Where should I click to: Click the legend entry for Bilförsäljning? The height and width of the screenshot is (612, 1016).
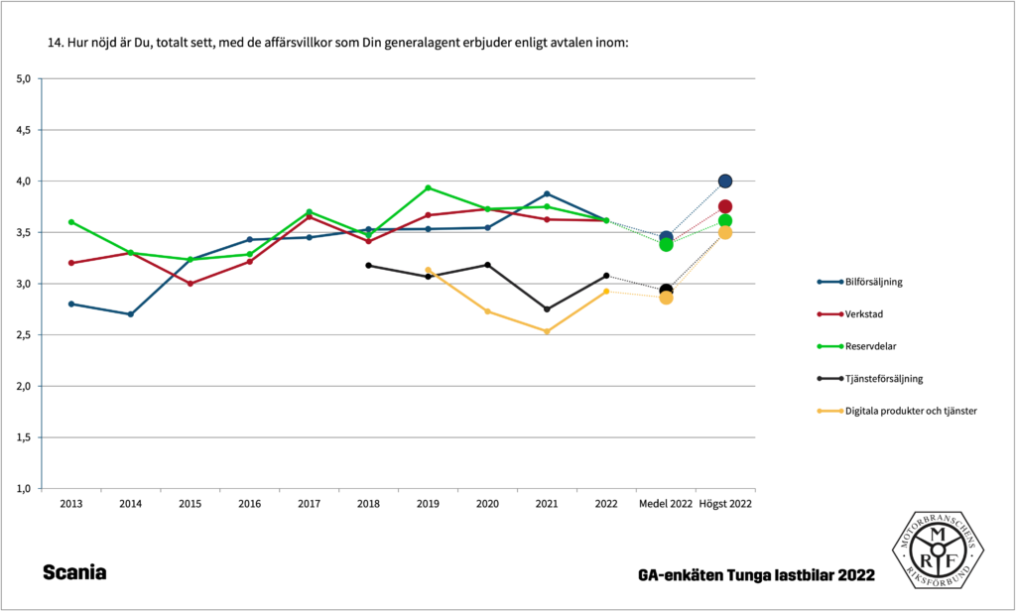click(x=873, y=282)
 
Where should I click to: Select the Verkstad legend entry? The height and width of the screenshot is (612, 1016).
click(x=863, y=314)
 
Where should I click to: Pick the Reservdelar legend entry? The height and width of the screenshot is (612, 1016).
click(x=868, y=346)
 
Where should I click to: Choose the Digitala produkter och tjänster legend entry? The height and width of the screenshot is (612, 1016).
click(x=910, y=411)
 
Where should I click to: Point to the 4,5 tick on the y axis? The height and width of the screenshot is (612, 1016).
click(x=24, y=130)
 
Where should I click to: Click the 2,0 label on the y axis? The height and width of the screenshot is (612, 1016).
click(x=24, y=386)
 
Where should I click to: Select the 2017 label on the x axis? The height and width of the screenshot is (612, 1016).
click(x=309, y=504)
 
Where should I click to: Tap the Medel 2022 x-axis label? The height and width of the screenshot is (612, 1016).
click(x=666, y=504)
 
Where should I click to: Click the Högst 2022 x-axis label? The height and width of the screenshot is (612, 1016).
click(x=725, y=504)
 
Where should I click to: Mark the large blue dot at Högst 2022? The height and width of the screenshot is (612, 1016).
click(x=725, y=181)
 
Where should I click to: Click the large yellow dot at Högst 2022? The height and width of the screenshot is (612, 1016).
click(x=725, y=232)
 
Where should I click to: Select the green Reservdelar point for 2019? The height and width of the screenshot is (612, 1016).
click(x=428, y=187)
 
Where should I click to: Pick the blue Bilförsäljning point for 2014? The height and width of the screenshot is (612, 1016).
click(x=130, y=314)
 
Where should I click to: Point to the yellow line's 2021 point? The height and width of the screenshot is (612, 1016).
click(x=547, y=331)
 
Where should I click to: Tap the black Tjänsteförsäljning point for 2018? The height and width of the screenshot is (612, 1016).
click(x=368, y=265)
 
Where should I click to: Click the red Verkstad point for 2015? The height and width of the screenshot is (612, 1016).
click(x=190, y=284)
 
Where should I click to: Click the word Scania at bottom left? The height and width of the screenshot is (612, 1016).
click(x=74, y=573)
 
